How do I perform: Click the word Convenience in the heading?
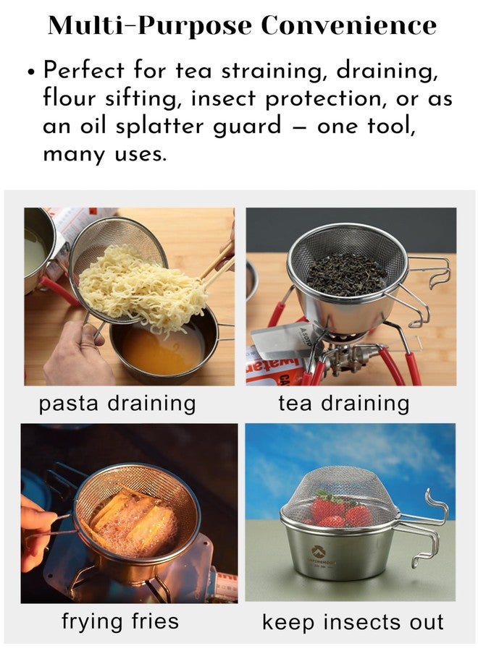coord(348,25)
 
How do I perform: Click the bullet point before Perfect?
coord(30,71)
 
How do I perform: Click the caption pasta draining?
coord(117,404)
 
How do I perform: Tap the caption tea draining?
coord(344,404)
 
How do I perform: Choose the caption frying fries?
coord(120,622)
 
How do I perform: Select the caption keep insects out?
coord(353,622)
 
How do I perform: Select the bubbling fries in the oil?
coord(133,524)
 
